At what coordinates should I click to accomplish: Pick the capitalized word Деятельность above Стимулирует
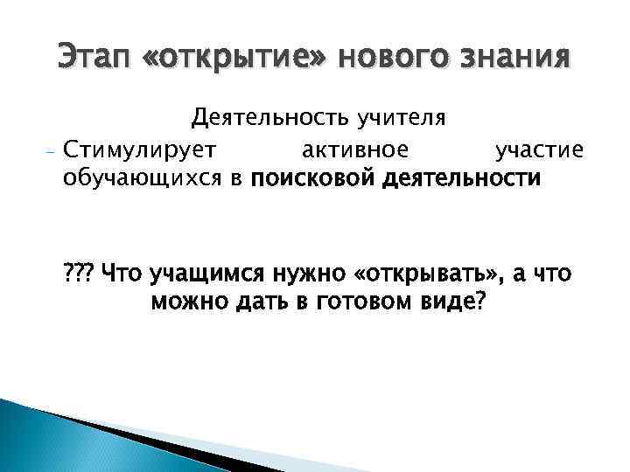[x=266, y=117]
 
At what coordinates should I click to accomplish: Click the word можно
[x=186, y=302]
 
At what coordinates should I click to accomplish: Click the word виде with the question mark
[x=451, y=302]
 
